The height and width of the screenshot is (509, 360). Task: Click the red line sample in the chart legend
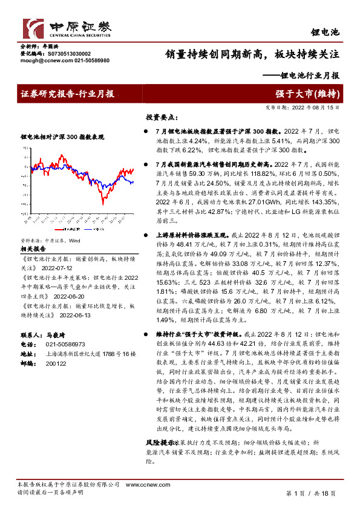coord(60,230)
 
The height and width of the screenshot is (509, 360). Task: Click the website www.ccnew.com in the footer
coord(142,485)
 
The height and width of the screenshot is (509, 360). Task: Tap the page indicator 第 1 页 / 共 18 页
coord(310,493)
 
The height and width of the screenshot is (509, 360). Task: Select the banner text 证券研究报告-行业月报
coord(67,94)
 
